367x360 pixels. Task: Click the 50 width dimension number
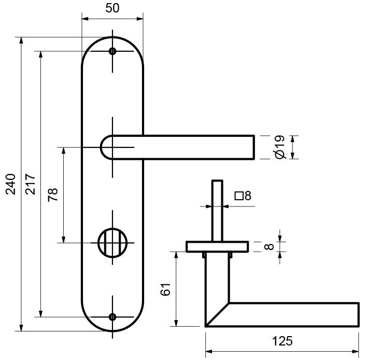[x=112, y=8]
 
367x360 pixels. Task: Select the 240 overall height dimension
[x=11, y=184]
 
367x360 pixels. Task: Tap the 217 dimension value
[x=30, y=184]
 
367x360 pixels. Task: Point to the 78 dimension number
[x=53, y=195]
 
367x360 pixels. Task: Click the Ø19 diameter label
[x=279, y=147]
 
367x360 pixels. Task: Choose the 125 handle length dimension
[x=283, y=341]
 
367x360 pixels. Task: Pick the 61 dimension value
[x=165, y=289]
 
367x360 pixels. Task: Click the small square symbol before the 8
[x=239, y=196]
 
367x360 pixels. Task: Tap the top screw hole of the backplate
[x=112, y=51]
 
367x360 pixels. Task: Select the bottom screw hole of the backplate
[x=112, y=317]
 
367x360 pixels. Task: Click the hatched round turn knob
[x=112, y=243]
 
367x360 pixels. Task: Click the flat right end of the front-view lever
[x=254, y=147]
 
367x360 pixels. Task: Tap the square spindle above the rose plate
[x=217, y=211]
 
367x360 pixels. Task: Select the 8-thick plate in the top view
[x=217, y=246]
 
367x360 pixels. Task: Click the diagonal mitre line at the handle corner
[x=217, y=314]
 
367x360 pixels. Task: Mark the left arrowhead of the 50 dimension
[x=85, y=19]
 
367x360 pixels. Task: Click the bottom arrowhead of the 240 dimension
[x=21, y=328]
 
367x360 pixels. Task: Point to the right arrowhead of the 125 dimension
[x=355, y=352]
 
